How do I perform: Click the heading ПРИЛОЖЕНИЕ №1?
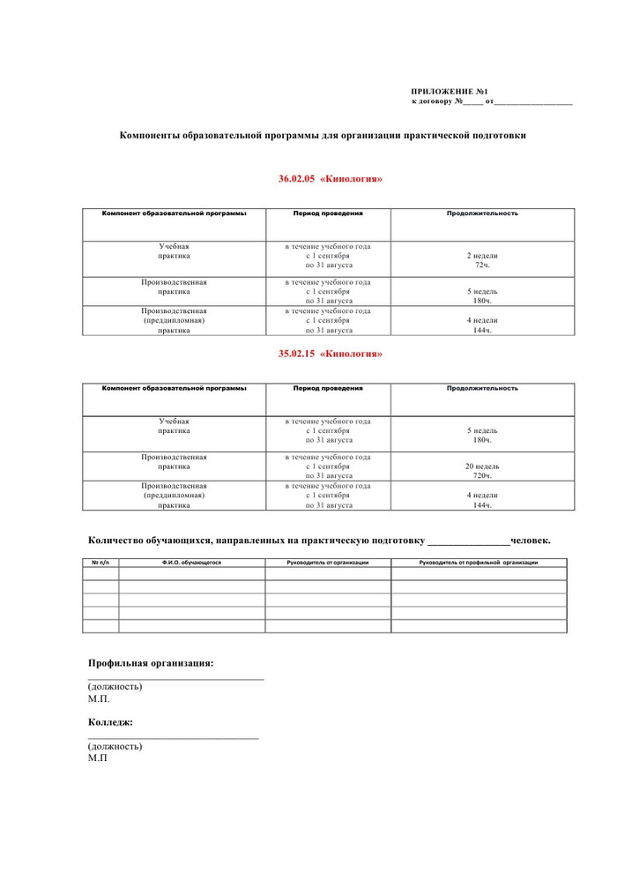tap(450, 92)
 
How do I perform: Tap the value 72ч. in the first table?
tap(482, 265)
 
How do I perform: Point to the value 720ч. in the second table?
tap(482, 475)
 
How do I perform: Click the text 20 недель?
tap(482, 466)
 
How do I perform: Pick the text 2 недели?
tap(482, 256)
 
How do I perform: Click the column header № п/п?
tap(100, 563)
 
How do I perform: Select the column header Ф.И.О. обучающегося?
tap(191, 563)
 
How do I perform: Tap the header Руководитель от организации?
tap(328, 563)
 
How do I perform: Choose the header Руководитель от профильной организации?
tap(479, 563)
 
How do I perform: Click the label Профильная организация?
tap(151, 663)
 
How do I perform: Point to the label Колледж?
tap(111, 722)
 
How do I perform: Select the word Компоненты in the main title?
tap(151, 136)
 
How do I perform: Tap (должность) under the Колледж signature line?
tap(115, 746)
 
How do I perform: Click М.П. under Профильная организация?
tap(99, 698)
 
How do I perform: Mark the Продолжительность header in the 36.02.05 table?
tap(482, 213)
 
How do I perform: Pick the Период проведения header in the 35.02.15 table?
tap(328, 388)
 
